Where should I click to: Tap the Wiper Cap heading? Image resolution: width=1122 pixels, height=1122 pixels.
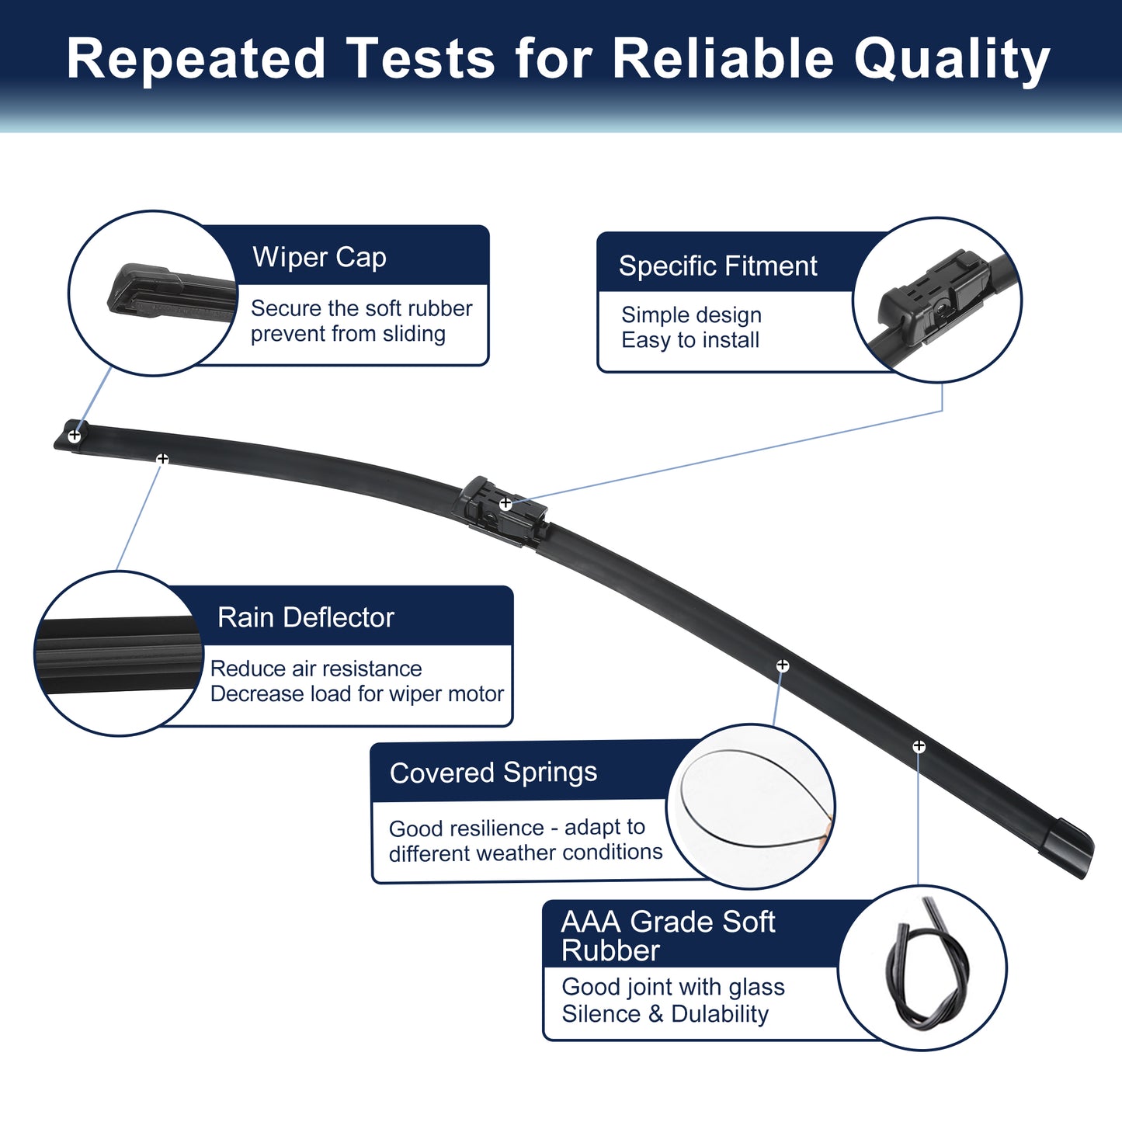(319, 257)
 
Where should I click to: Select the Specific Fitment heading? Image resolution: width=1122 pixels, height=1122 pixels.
(717, 266)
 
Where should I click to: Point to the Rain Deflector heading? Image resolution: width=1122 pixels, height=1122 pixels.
(306, 617)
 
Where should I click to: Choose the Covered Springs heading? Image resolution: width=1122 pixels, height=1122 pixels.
(493, 773)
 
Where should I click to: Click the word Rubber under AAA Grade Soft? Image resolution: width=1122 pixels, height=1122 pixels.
(610, 950)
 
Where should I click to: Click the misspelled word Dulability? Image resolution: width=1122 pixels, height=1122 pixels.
(720, 1014)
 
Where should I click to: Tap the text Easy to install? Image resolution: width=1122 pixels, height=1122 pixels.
(690, 340)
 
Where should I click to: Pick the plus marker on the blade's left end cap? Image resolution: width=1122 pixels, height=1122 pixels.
(75, 435)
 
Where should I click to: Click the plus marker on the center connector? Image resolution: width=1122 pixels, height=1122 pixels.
(505, 503)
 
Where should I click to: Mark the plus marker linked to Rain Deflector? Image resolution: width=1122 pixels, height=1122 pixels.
(162, 459)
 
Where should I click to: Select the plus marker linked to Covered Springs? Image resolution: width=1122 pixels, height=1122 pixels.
(783, 665)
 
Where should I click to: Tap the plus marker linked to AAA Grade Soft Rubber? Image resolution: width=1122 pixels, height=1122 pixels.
(919, 746)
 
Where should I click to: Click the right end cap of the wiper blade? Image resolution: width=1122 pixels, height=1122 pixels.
(1067, 847)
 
